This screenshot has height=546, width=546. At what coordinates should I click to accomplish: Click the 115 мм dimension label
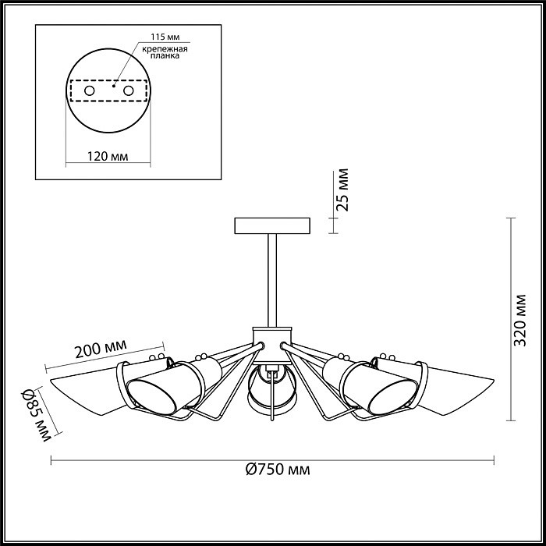tap(165, 37)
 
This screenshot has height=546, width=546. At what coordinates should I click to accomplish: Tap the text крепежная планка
tap(165, 52)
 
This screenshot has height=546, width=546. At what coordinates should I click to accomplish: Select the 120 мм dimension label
tap(108, 156)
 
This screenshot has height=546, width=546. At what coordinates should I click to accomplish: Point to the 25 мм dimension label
tap(342, 190)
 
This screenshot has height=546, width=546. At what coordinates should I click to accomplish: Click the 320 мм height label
tap(520, 321)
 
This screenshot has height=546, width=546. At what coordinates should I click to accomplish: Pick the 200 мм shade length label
tap(101, 349)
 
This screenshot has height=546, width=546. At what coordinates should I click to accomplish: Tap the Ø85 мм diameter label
tap(37, 415)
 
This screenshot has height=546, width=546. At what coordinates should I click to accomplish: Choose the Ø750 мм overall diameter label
tap(278, 470)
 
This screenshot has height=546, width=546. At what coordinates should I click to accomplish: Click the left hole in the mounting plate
tap(90, 91)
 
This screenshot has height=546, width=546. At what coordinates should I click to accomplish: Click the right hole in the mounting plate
tap(128, 91)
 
